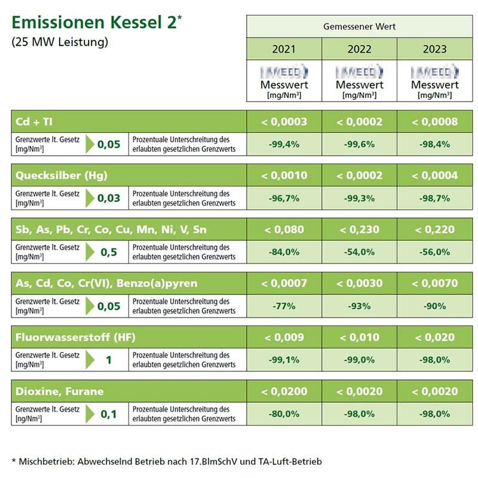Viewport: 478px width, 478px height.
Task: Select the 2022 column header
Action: point(359,48)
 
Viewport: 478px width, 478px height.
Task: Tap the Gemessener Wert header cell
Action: point(359,27)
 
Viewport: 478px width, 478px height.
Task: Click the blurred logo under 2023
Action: point(434,72)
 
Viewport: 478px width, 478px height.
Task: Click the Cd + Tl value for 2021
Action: point(284,121)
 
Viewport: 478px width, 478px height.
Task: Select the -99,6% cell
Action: point(359,144)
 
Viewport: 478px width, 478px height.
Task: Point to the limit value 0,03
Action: point(109,198)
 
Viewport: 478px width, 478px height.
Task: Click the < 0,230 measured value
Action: point(359,229)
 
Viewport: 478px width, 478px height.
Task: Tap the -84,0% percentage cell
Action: point(284,252)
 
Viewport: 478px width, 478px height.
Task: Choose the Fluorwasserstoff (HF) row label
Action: point(75,337)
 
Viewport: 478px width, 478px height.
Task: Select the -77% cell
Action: point(284,306)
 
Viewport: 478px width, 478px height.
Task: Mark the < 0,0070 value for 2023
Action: point(434,283)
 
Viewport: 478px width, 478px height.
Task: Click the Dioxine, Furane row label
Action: point(60,391)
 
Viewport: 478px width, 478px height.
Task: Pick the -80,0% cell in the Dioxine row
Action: point(284,414)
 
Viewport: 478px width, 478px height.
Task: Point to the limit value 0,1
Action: point(109,414)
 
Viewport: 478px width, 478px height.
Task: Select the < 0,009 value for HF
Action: point(284,337)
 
